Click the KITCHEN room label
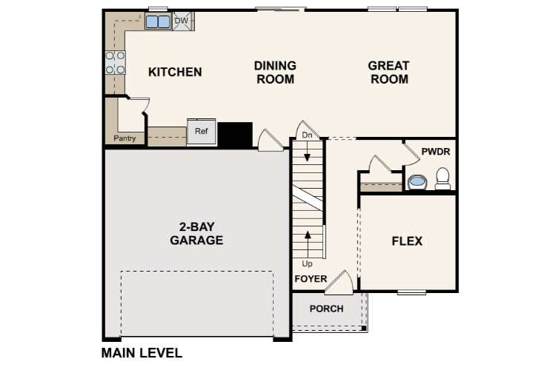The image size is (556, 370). tap(175, 72)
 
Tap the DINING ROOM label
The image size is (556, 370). tap(276, 73)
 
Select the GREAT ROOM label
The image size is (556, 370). tap(388, 73)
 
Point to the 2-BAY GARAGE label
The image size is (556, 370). tap(196, 234)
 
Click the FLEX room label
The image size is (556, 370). tap(407, 240)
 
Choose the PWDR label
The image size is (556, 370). tap(435, 152)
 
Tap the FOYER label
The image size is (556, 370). tap(311, 279)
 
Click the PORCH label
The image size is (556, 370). tap(326, 309)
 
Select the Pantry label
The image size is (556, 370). tap(124, 138)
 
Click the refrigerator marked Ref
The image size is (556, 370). tap(202, 132)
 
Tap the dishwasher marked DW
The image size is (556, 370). tap(182, 21)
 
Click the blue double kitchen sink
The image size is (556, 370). tap(157, 21)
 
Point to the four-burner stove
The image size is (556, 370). tap(115, 63)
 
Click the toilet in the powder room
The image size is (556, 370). tap(443, 178)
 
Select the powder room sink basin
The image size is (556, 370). tap(417, 181)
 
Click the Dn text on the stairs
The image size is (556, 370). tap(307, 135)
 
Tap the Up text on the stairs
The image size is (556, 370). tap(307, 263)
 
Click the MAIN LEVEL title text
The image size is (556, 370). tap(142, 353)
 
